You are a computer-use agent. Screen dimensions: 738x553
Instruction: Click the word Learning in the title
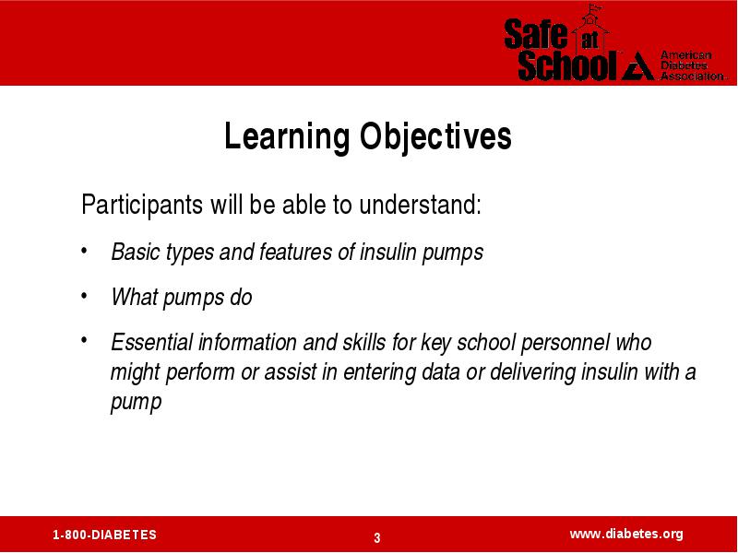coord(286,137)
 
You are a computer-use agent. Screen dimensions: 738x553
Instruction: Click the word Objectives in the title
coord(435,137)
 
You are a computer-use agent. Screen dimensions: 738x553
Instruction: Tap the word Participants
coord(142,205)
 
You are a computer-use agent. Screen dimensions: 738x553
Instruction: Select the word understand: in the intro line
coord(421,205)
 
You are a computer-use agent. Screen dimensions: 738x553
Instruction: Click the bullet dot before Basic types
coord(84,251)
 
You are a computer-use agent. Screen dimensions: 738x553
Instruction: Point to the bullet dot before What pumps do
coord(84,296)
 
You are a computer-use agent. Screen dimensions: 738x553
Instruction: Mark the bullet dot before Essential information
coord(84,339)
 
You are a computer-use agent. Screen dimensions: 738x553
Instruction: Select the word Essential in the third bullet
coord(152,342)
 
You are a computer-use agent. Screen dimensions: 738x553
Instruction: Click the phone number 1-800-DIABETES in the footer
coord(104,535)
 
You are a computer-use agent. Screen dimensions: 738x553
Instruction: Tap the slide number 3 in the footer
coord(377,537)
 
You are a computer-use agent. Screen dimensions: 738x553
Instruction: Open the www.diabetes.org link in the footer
coord(626,535)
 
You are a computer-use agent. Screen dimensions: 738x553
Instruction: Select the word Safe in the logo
coord(536,33)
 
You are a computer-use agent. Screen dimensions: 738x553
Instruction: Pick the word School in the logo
coord(567,65)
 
